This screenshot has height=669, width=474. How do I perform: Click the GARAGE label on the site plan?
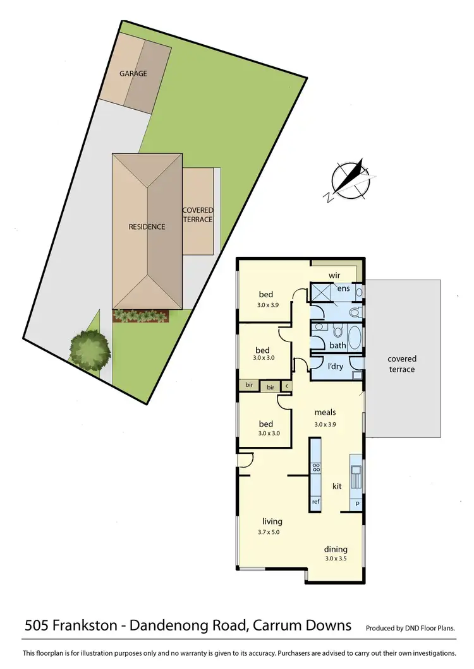coord(133,74)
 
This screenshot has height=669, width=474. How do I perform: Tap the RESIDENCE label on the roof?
coord(147,227)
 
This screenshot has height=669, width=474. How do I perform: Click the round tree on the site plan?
coord(88,348)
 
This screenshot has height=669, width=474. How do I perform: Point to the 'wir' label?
coord(334,276)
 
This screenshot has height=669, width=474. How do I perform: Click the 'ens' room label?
coord(343,288)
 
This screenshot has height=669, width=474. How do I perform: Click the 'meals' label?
coord(325,413)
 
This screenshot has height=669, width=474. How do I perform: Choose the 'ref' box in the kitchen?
coord(315,502)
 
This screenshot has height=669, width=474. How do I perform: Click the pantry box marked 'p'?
coord(357,504)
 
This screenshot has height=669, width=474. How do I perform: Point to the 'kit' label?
coord(337,486)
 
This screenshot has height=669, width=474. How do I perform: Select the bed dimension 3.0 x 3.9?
coord(265,305)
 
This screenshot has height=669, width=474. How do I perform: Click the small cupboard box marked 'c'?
coord(287,386)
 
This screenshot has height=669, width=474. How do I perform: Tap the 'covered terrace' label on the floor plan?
coord(402,364)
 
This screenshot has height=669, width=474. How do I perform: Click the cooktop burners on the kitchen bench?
coord(316,468)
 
